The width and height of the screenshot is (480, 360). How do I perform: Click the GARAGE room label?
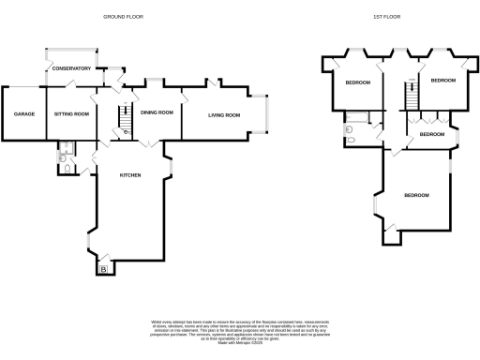pyautogui.click(x=23, y=113)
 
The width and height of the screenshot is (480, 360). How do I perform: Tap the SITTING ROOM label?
pyautogui.click(x=71, y=113)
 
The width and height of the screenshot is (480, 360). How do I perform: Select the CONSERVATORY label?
pyautogui.click(x=71, y=68)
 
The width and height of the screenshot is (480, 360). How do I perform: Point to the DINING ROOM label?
pyautogui.click(x=157, y=112)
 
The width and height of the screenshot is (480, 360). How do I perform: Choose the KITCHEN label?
pyautogui.click(x=130, y=175)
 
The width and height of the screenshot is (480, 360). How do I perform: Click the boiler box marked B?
pyautogui.click(x=103, y=270)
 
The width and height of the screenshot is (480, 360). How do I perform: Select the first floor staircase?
pyautogui.click(x=409, y=95)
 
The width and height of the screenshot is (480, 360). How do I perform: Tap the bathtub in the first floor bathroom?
pyautogui.click(x=357, y=119)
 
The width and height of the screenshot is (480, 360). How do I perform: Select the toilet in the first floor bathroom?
pyautogui.click(x=350, y=140)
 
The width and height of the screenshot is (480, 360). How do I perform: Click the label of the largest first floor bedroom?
pyautogui.click(x=416, y=195)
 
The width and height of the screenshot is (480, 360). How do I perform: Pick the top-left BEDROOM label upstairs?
pyautogui.click(x=357, y=83)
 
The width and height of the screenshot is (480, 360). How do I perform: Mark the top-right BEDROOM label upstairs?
pyautogui.click(x=442, y=81)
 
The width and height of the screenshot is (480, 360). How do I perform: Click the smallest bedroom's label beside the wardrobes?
pyautogui.click(x=431, y=134)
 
